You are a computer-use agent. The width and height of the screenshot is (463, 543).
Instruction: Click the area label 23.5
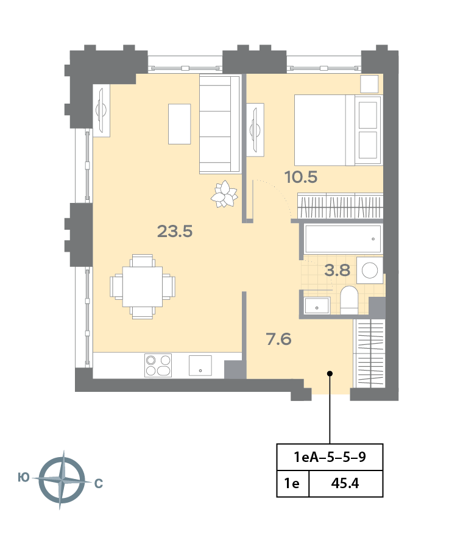(175, 232)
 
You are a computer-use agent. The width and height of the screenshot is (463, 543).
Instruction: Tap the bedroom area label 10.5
(301, 177)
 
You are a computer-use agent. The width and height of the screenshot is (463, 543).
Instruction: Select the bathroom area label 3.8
(338, 270)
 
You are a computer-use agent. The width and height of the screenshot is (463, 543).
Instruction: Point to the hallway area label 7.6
(279, 339)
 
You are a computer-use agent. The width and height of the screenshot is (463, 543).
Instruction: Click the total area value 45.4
(345, 483)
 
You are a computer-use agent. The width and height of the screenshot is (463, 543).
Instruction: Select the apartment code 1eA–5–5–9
(330, 457)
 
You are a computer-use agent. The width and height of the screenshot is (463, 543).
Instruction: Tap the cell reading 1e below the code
(292, 483)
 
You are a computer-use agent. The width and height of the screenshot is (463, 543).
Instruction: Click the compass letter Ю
(24, 478)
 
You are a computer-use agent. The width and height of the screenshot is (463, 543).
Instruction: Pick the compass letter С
(99, 483)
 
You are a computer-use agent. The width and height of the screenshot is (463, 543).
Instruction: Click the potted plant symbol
(224, 194)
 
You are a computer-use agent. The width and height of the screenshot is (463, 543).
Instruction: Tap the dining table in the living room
(143, 287)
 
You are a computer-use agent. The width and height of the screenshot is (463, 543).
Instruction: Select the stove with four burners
(158, 365)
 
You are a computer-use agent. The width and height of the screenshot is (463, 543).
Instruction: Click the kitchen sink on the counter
(200, 365)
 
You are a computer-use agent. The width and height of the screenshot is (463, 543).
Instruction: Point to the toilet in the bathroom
(349, 300)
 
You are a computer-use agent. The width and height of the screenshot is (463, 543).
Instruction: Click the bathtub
(343, 239)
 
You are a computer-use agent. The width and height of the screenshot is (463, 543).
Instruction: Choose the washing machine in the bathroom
(370, 270)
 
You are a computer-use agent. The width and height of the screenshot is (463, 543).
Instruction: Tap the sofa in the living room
(220, 124)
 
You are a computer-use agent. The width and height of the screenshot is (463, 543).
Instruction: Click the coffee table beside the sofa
(179, 124)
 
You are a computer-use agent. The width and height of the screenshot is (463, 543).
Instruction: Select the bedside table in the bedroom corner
(369, 84)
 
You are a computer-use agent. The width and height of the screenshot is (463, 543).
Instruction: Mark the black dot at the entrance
(330, 374)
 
